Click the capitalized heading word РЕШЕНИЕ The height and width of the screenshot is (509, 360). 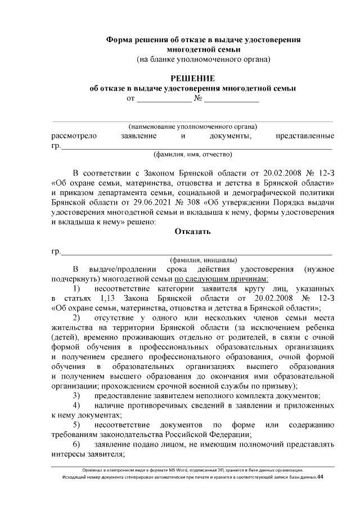point(192,78)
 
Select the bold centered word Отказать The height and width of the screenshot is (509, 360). point(192,231)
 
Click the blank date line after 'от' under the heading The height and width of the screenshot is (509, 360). point(164,100)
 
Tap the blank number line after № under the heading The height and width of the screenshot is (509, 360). point(231,100)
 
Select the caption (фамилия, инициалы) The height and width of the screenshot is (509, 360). point(203,260)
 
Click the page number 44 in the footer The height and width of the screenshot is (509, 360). point(320,477)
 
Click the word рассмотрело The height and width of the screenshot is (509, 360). point(74,136)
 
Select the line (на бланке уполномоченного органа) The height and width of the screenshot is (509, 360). point(203,58)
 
